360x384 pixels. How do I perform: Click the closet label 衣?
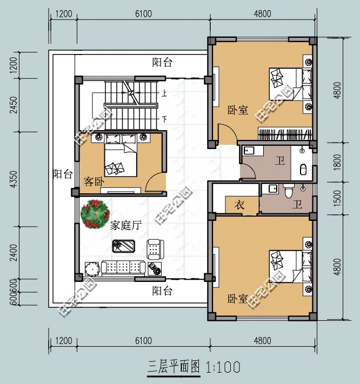(239, 205)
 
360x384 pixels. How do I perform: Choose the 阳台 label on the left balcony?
(62, 174)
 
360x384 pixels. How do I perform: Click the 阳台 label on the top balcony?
(162, 62)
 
